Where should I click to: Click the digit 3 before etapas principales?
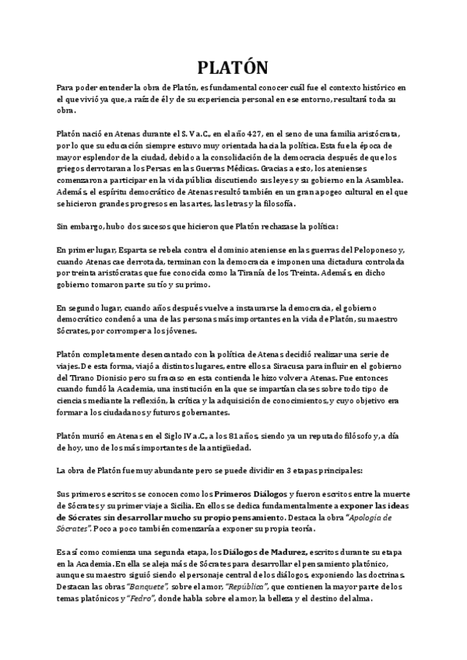click(290, 472)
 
